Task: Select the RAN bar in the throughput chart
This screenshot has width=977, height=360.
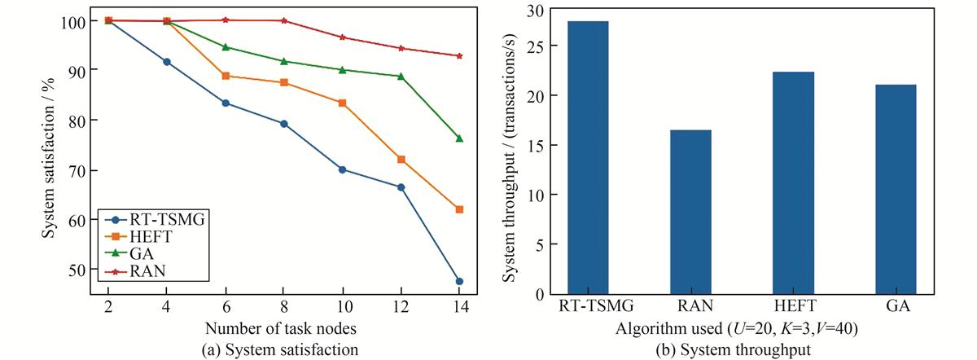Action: point(690,212)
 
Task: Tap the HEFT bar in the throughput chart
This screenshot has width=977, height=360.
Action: point(793,183)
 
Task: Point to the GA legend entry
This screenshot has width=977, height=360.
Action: point(135,255)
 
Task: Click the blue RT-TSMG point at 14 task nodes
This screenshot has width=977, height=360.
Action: point(459,281)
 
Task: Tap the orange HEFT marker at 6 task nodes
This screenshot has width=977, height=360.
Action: point(226,76)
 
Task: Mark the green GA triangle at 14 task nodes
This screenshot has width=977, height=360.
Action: point(459,138)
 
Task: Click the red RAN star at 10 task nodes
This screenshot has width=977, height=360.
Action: point(342,37)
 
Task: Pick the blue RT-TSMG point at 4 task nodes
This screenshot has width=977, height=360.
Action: point(167,62)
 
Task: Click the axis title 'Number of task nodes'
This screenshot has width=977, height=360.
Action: point(282,330)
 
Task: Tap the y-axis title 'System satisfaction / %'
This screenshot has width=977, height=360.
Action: point(50,155)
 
